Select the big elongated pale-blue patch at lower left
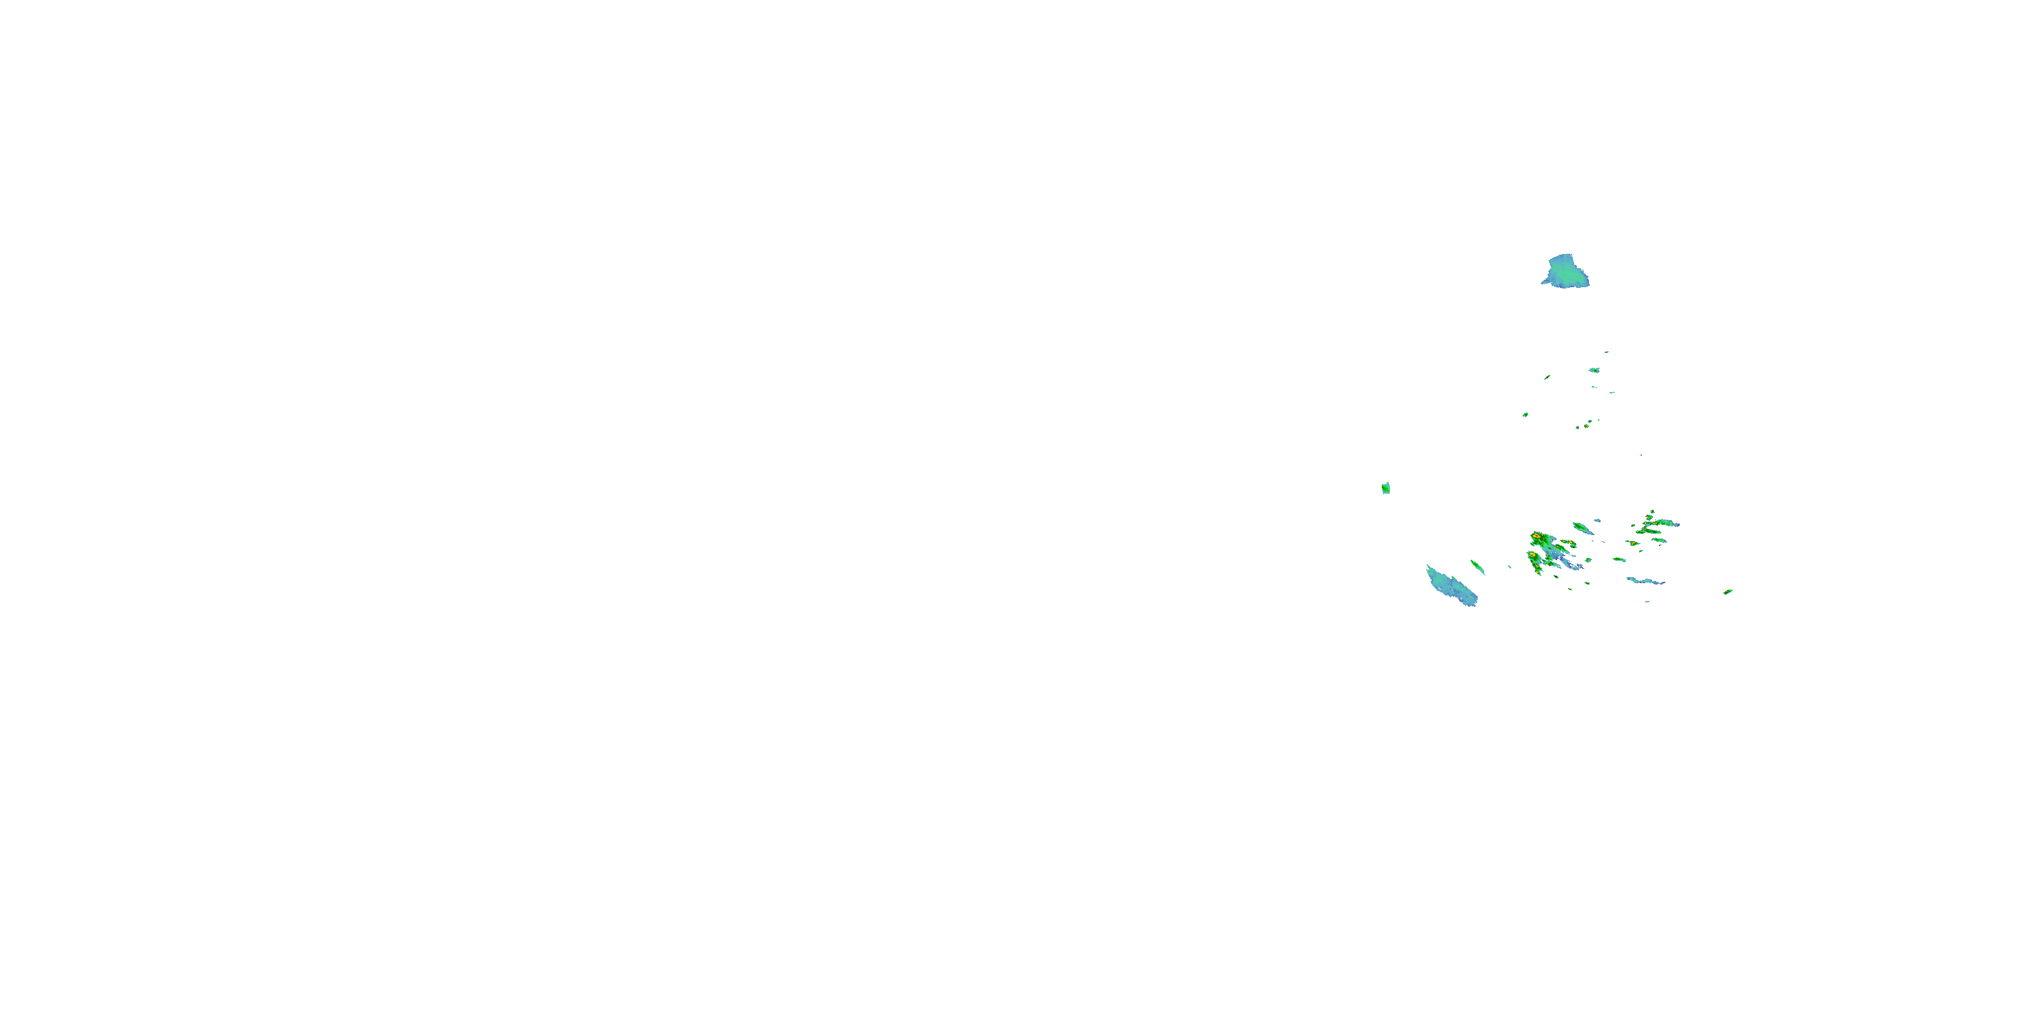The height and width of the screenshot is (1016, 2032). pyautogui.click(x=1452, y=586)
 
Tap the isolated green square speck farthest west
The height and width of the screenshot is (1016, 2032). pyautogui.click(x=1386, y=488)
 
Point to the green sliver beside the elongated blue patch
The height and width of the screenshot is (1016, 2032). pyautogui.click(x=1477, y=566)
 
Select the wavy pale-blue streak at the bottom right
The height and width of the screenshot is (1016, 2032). pyautogui.click(x=1645, y=581)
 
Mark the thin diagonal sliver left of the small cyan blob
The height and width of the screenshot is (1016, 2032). pyautogui.click(x=1548, y=377)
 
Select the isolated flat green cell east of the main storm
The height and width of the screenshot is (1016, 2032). pyautogui.click(x=1619, y=559)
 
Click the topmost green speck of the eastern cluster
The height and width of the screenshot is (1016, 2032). pyautogui.click(x=1652, y=511)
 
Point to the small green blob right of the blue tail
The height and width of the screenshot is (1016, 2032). pyautogui.click(x=1588, y=561)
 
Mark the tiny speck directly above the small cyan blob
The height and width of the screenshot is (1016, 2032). pyautogui.click(x=1606, y=352)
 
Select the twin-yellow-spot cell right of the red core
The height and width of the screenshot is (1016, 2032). pyautogui.click(x=1567, y=543)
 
